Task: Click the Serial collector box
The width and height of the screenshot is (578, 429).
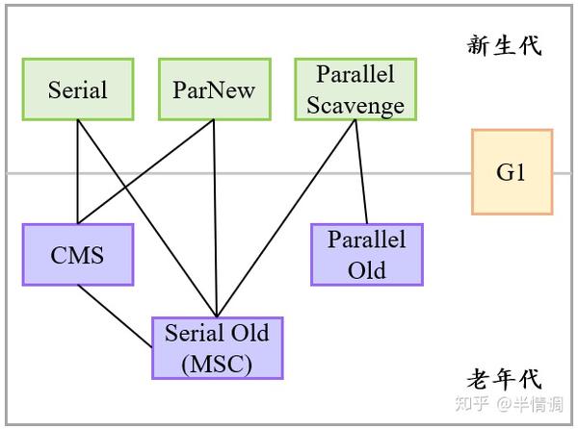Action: (78, 89)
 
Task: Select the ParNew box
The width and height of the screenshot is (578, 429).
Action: (215, 89)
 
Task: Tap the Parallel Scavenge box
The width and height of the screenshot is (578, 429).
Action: (355, 89)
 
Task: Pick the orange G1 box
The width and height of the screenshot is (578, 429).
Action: (512, 172)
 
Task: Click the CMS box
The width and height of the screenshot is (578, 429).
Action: (78, 255)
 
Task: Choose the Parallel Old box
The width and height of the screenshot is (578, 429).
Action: (367, 255)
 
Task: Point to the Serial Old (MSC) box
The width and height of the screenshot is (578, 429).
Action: (218, 348)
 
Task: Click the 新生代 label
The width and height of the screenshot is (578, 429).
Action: (504, 45)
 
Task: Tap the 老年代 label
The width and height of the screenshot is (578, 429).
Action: (504, 379)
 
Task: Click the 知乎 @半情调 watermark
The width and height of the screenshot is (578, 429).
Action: (509, 404)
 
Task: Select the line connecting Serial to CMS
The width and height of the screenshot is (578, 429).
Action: (78, 172)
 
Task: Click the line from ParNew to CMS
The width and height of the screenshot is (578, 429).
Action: (146, 172)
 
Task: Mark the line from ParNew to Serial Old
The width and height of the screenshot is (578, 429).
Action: (216, 218)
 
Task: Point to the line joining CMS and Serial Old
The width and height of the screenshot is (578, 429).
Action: (115, 316)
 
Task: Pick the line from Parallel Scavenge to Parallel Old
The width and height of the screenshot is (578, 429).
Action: (361, 172)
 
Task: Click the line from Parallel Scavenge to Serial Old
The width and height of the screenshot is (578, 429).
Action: (286, 218)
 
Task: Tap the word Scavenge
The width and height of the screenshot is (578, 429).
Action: (355, 106)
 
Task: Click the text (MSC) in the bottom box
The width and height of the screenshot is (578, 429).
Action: (217, 365)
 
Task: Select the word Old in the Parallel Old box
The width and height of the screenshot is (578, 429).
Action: (367, 270)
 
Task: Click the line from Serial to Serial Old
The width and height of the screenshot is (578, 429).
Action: (147, 218)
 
